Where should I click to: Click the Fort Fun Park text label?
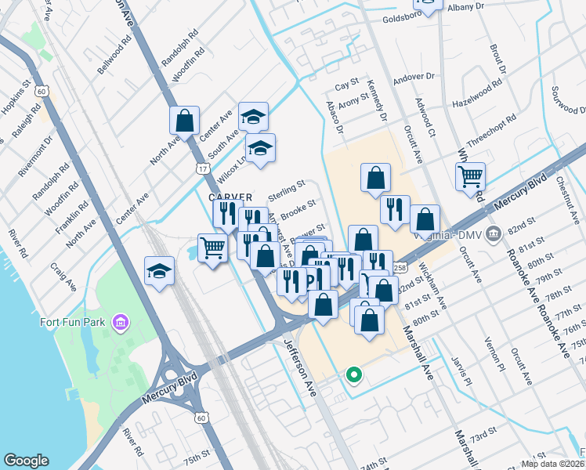click(74, 323)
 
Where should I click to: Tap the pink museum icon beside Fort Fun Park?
click(120, 322)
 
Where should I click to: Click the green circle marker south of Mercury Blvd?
click(353, 375)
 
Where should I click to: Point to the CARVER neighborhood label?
click(230, 197)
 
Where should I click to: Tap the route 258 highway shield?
click(400, 268)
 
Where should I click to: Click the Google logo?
click(26, 461)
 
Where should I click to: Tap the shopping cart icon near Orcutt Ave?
click(470, 175)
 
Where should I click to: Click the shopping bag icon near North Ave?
click(185, 120)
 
